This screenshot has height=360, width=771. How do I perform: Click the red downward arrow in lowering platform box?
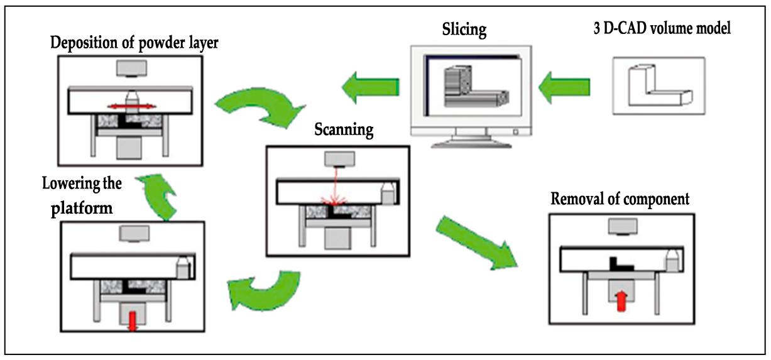[131, 318]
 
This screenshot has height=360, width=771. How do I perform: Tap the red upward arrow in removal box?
[621, 300]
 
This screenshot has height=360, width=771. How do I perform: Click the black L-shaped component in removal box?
[619, 261]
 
